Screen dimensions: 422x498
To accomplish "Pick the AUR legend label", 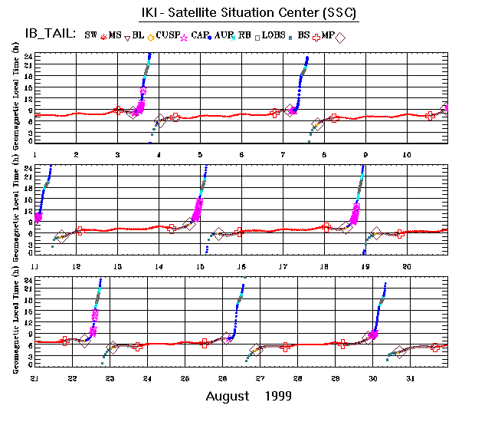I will pyautogui.click(x=224, y=35).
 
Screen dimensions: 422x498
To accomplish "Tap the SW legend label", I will pyautogui.click(x=90, y=35).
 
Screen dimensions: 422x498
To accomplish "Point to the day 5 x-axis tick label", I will pyautogui.click(x=200, y=155).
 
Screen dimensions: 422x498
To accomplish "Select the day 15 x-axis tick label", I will pyautogui.click(x=200, y=265).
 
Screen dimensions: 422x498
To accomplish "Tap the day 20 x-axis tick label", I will pyautogui.click(x=407, y=265).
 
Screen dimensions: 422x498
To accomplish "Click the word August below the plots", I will pyautogui.click(x=228, y=396).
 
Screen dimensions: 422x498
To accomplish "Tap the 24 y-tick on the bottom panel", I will pyautogui.click(x=27, y=279).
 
